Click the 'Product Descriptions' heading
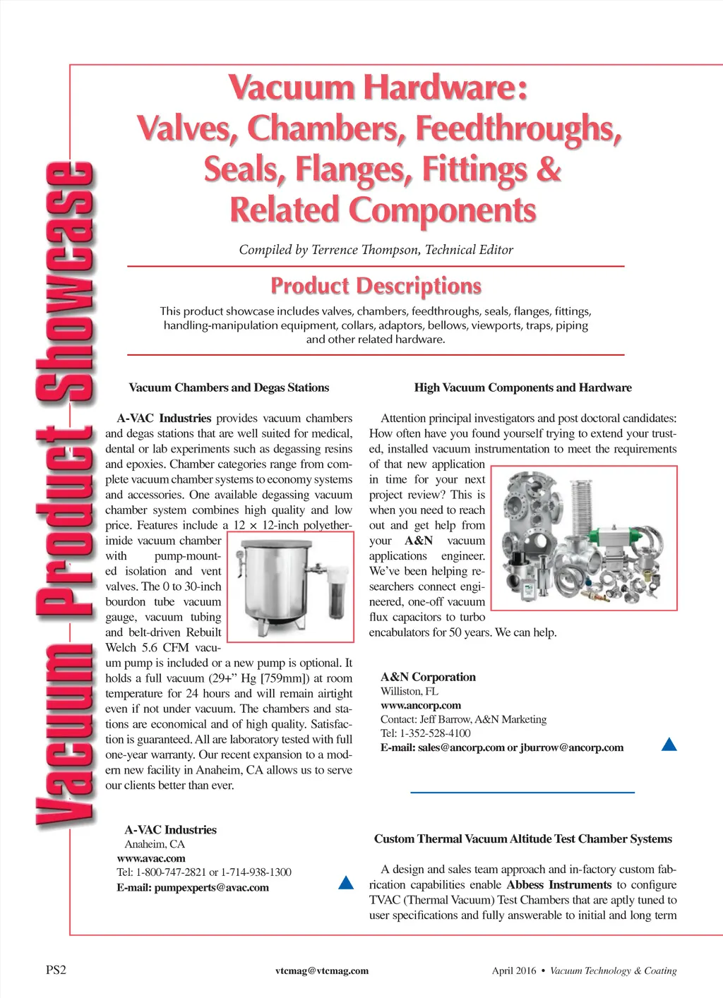376,286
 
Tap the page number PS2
56,970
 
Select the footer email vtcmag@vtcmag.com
322,970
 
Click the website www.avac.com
151,858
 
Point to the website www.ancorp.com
421,705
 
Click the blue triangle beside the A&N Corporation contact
669,744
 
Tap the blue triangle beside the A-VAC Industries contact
346,882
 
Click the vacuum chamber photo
290,587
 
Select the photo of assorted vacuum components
583,538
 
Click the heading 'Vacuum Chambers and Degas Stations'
229,387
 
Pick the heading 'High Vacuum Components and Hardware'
522,387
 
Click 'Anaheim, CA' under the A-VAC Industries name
155,844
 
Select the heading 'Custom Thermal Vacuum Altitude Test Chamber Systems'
522,838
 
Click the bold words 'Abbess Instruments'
559,885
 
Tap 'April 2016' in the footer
514,970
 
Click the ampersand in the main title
549,170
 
